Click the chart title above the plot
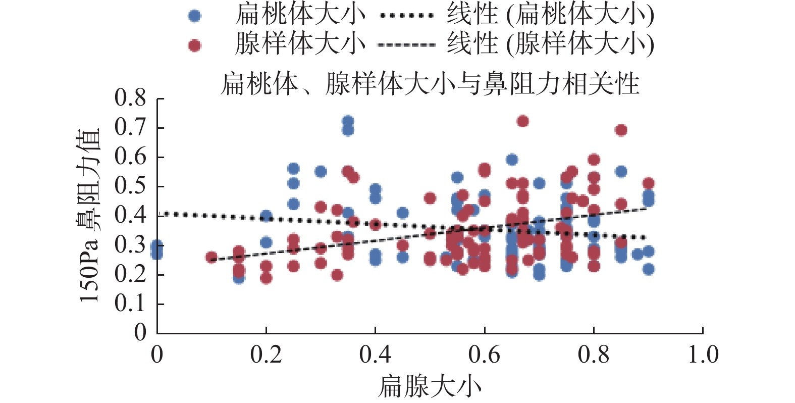(430, 84)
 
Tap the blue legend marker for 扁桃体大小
(194, 16)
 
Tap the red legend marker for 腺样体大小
(194, 45)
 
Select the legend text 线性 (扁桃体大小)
(550, 15)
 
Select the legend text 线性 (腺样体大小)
(550, 44)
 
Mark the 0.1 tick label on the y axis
(130, 304)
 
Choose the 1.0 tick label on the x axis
(703, 355)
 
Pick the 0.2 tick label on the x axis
(266, 355)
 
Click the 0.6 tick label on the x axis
(485, 355)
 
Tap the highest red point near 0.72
(523, 121)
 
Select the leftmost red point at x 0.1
(211, 257)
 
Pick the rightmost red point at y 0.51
(649, 183)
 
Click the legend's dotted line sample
(406, 16)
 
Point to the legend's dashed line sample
(406, 45)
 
